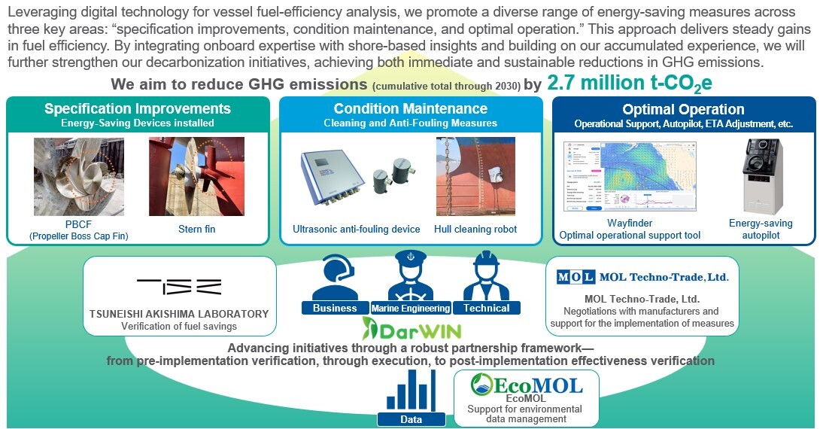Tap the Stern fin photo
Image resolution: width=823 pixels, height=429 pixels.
coord(196,176)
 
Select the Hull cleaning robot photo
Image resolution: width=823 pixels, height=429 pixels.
coord(475,176)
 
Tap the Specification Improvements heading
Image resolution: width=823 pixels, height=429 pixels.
coord(137,109)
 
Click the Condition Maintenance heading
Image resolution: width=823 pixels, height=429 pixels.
coord(411,109)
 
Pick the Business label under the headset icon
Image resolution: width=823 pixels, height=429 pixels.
coord(335,308)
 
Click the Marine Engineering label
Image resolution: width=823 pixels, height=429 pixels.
coord(410,308)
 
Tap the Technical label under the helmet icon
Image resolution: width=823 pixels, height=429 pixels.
coord(487,308)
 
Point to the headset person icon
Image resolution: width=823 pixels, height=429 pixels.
coord(334,276)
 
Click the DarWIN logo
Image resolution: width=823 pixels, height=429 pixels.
coord(411,329)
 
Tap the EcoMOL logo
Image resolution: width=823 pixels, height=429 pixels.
coord(526,386)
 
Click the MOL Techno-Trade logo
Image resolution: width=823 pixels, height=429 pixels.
coord(642,277)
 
